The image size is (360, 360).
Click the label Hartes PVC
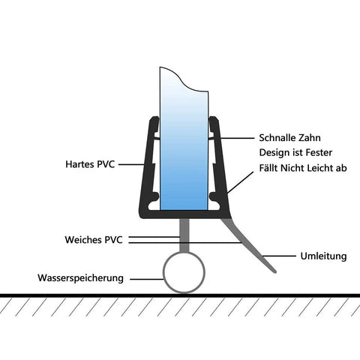[x=90, y=164]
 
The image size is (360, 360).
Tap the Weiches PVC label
[x=94, y=240]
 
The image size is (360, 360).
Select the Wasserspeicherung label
[x=80, y=278]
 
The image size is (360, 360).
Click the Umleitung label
[x=323, y=256]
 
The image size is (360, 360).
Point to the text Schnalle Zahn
[x=289, y=138]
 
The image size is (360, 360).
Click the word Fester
[x=319, y=153]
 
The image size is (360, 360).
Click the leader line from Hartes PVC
[x=131, y=164]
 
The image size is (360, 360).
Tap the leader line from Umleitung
[x=279, y=256]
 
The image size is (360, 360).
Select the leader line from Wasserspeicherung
[x=147, y=279]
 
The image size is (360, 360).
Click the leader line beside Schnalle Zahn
[x=237, y=138]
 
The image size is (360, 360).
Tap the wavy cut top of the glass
[x=184, y=79]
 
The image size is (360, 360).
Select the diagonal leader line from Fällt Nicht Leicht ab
[x=240, y=182]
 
